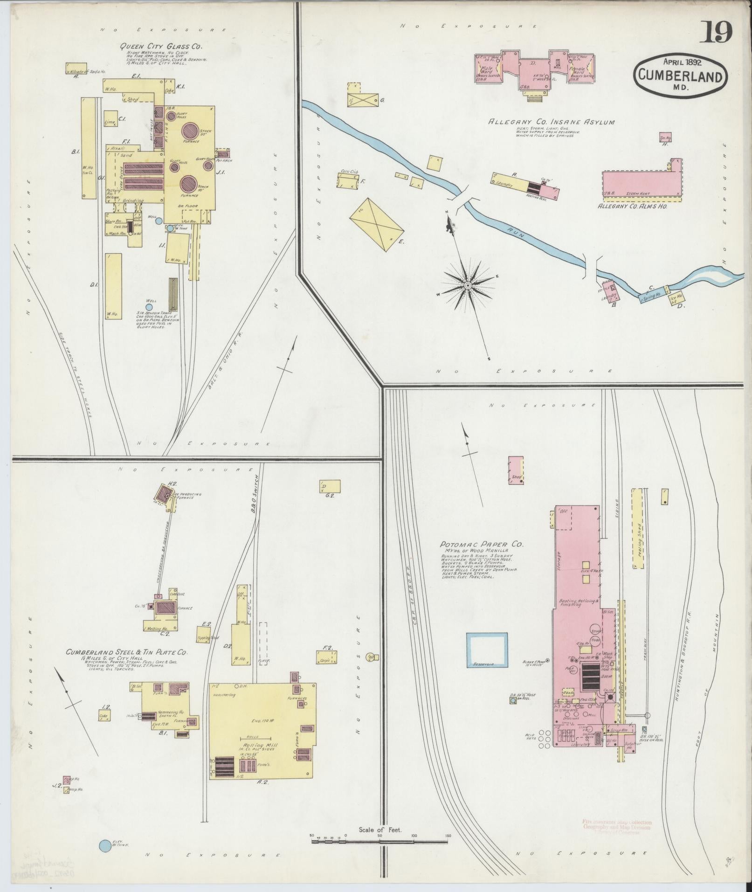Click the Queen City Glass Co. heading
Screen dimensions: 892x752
pos(161,46)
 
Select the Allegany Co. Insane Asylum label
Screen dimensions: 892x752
pos(551,122)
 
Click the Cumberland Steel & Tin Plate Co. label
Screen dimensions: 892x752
pos(126,652)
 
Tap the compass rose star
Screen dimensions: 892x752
pos(467,285)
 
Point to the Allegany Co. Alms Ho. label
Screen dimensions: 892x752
pos(632,206)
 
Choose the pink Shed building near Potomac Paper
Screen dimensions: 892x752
pos(516,470)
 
